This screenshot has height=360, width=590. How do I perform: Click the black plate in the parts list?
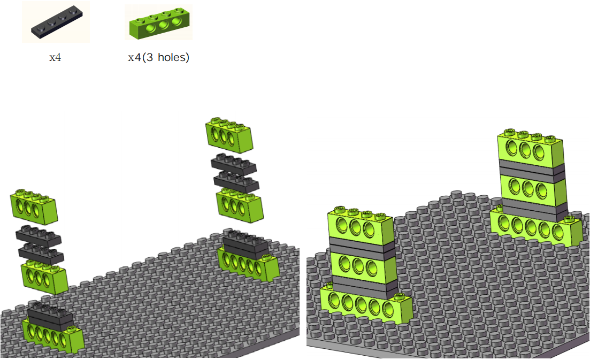point(57,22)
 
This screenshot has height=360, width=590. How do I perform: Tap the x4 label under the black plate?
point(55,58)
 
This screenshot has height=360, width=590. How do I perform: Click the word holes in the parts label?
point(173,57)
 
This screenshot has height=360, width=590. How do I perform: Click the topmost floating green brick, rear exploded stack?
point(229,135)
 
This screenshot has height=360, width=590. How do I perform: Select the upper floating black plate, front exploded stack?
point(39,236)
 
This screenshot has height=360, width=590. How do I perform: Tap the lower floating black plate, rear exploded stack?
point(236,182)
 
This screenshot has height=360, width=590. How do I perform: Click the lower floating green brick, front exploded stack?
point(44,277)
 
